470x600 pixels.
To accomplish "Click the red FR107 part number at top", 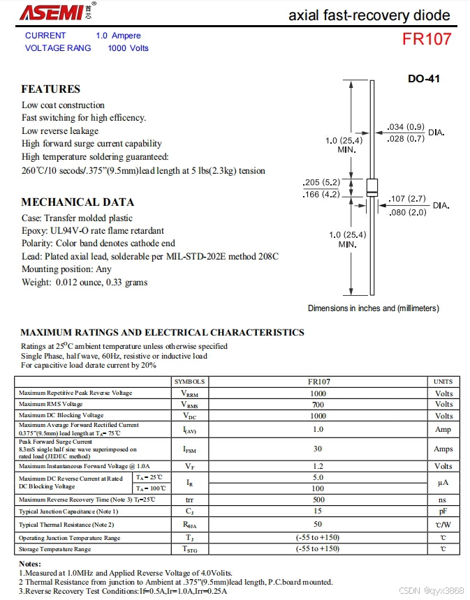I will coord(426,39).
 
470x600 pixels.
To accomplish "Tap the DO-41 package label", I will coord(424,79).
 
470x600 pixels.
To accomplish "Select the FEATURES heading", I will coord(50,89).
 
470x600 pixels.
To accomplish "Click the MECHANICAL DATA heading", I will coord(77,202).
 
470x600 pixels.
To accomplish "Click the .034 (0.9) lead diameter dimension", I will coord(406,127).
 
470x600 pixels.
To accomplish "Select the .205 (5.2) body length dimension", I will coord(321,182).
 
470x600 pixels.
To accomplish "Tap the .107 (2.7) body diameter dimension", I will coord(407,200).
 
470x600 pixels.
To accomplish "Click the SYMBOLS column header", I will coord(189,382).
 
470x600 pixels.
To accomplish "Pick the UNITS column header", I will coord(443,382).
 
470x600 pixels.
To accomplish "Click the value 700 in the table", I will coord(318,404).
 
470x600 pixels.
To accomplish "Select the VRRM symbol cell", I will coord(189,393).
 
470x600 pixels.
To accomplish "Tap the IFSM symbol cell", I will coord(189,449).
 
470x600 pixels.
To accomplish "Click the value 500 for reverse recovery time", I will coord(318,500).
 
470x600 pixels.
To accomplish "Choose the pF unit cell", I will coord(443,511).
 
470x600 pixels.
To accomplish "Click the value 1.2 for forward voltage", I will coord(318,466).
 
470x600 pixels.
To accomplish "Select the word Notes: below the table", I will coord(29,563).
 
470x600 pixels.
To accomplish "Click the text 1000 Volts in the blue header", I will coord(128,48).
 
